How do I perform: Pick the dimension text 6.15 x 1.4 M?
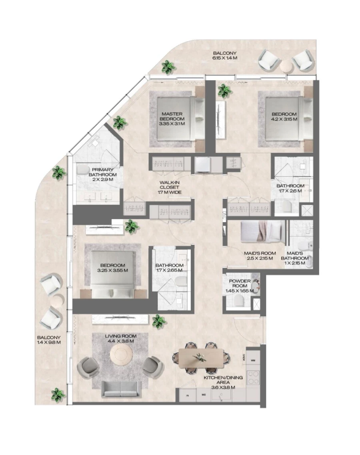click(x=224, y=58)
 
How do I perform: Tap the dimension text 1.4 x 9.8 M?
click(x=49, y=342)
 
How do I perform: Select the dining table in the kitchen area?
click(x=201, y=357)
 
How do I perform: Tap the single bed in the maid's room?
click(x=262, y=231)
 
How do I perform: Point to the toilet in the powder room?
click(x=240, y=300)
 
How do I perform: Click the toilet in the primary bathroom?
click(x=83, y=170)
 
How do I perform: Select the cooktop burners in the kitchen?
click(x=253, y=377)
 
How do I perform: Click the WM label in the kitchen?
click(x=253, y=360)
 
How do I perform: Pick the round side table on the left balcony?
click(x=56, y=301)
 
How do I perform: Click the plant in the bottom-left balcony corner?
click(x=58, y=395)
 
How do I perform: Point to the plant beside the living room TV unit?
click(x=158, y=321)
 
